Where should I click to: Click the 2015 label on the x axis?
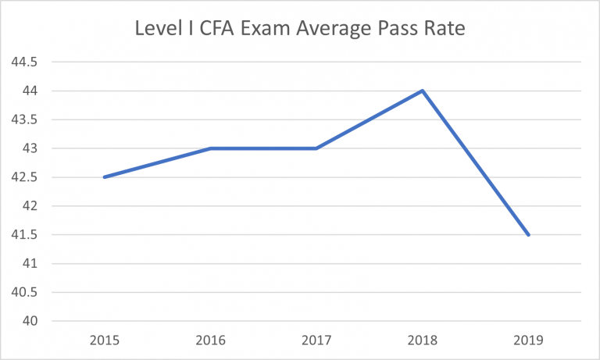(x=104, y=340)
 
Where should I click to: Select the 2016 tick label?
(x=210, y=340)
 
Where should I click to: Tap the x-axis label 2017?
(x=316, y=340)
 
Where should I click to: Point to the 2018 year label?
(x=423, y=340)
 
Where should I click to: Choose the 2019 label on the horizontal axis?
(x=529, y=340)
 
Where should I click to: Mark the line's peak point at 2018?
(x=423, y=91)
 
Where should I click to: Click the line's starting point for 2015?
(x=104, y=177)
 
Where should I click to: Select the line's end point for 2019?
(x=529, y=234)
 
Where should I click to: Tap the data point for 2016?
(x=210, y=148)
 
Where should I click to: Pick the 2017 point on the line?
(x=316, y=148)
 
